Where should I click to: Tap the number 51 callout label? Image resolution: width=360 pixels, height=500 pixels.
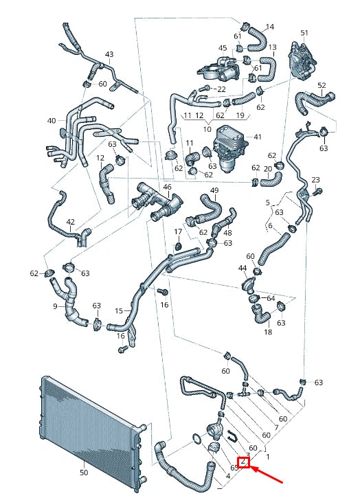pyautogui.click(x=304, y=33)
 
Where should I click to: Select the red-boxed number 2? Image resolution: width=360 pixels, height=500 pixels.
pyautogui.click(x=243, y=462)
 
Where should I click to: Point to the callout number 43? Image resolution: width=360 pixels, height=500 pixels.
pyautogui.click(x=109, y=54)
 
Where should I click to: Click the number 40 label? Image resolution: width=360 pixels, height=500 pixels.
pyautogui.click(x=52, y=121)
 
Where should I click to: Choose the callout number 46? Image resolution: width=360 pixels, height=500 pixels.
pyautogui.click(x=167, y=187)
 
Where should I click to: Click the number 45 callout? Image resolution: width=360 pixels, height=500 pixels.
pyautogui.click(x=222, y=48)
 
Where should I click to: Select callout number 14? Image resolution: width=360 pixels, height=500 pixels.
pyautogui.click(x=269, y=27)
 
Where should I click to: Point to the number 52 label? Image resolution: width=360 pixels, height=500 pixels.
pyautogui.click(x=322, y=85)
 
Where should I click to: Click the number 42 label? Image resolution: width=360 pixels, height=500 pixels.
pyautogui.click(x=71, y=222)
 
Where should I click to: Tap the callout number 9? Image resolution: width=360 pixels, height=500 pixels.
pyautogui.click(x=55, y=306)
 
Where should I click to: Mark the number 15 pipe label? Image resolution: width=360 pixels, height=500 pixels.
pyautogui.click(x=119, y=310)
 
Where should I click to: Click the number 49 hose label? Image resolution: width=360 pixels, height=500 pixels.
pyautogui.click(x=214, y=190)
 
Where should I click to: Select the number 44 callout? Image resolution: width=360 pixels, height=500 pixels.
pyautogui.click(x=242, y=268)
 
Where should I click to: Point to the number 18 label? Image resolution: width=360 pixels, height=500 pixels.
pyautogui.click(x=268, y=332)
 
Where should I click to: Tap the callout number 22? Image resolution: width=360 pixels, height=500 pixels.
pyautogui.click(x=221, y=89)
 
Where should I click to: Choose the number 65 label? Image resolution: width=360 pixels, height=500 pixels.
pyautogui.click(x=234, y=468)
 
